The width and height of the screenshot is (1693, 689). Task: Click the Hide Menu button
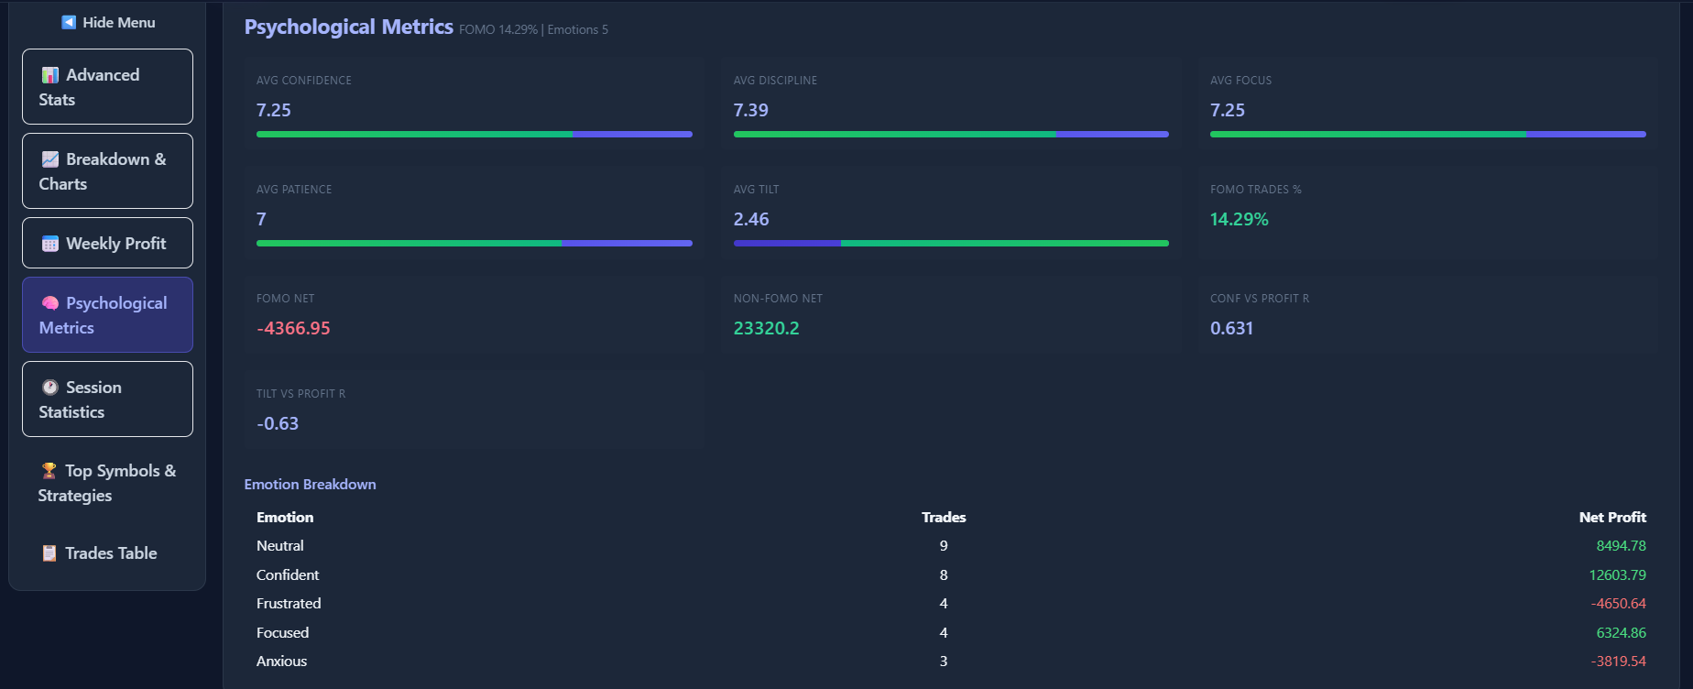[108, 22]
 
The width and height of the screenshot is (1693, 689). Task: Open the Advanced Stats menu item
[107, 87]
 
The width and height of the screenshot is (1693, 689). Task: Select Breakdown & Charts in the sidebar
[107, 171]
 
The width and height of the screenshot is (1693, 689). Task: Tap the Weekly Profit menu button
[107, 243]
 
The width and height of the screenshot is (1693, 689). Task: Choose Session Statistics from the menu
[107, 399]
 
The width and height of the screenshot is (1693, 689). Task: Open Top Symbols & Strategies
[107, 483]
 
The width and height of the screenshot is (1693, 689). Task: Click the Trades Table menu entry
[107, 553]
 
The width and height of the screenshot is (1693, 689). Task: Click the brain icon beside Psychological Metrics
[50, 303]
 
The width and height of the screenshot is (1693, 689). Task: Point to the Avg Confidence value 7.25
[274, 110]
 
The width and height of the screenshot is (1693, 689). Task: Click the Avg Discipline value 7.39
[750, 110]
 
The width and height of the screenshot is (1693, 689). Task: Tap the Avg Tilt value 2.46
[750, 219]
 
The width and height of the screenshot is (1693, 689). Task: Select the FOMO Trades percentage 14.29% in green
[1239, 219]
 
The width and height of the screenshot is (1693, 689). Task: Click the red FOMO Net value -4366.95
[293, 328]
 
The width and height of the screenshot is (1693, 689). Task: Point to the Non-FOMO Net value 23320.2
[766, 328]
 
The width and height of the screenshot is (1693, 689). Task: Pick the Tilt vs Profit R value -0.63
[278, 423]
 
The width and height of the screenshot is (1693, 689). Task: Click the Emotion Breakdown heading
[310, 485]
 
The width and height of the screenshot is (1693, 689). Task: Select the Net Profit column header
[1611, 518]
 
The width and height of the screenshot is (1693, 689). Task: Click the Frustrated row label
[289, 604]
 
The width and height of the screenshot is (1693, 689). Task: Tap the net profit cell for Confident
[1617, 575]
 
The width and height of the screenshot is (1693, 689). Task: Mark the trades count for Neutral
[944, 546]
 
